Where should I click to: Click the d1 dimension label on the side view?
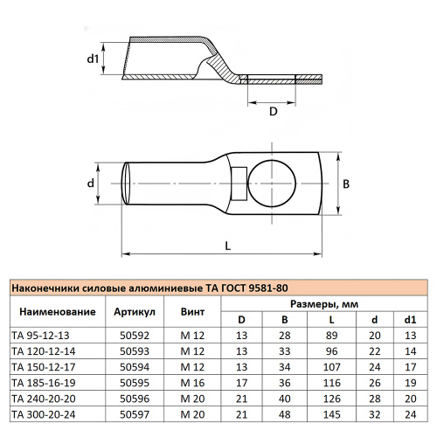click(x=92, y=60)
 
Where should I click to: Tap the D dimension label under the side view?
click(x=274, y=111)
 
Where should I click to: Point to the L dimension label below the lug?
click(x=227, y=246)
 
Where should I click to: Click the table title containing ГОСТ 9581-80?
click(x=149, y=288)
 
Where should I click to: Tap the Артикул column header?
click(x=135, y=312)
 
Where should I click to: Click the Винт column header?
click(x=192, y=312)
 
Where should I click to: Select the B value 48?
click(x=285, y=413)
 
